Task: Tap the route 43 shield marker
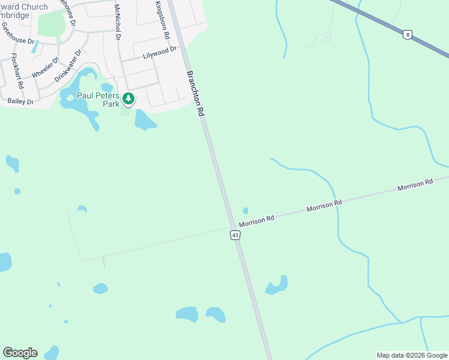click(x=235, y=235)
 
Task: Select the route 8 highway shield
click(x=408, y=35)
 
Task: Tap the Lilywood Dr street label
click(x=160, y=53)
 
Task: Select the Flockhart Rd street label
click(x=16, y=71)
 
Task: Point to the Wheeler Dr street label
click(x=46, y=67)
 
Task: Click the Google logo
click(x=20, y=353)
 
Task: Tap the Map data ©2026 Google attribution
click(x=412, y=355)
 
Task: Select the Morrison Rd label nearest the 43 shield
click(x=256, y=220)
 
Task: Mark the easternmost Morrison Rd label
click(x=415, y=185)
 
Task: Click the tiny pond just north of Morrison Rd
click(x=245, y=211)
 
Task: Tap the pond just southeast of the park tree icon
click(x=145, y=121)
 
